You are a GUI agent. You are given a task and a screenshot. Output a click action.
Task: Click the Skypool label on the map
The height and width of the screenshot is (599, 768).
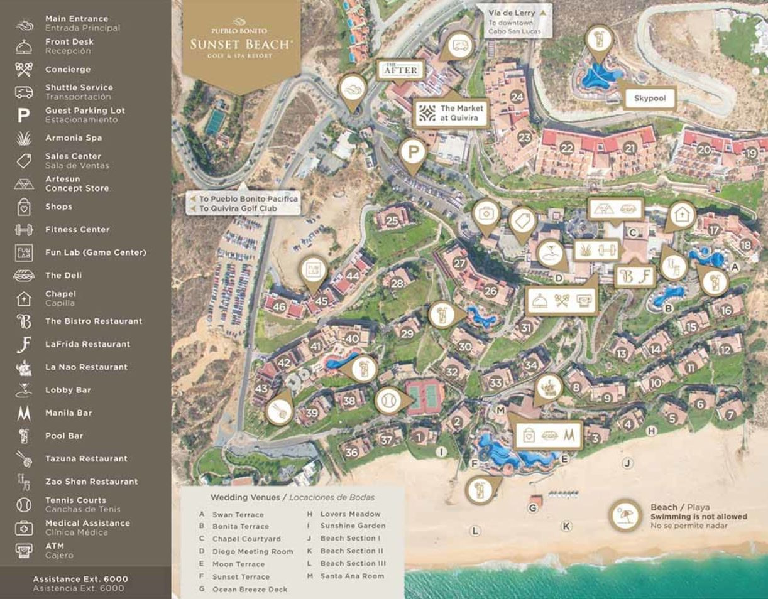click(x=649, y=99)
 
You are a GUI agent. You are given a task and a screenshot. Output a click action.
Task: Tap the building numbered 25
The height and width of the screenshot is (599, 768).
click(x=392, y=220)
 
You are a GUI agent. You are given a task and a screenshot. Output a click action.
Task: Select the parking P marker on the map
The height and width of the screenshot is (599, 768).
click(x=413, y=151)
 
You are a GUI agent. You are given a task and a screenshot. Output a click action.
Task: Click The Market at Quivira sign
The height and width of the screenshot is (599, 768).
click(x=451, y=113)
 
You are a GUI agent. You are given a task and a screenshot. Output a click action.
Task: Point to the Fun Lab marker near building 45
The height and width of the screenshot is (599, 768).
click(x=313, y=271)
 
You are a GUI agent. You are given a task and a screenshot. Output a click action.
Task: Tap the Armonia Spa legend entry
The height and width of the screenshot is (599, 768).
click(x=73, y=138)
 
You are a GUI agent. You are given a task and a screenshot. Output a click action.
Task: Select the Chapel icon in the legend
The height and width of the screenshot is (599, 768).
click(x=23, y=298)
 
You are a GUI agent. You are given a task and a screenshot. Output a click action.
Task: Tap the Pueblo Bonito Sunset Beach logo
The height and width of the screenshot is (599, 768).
click(x=241, y=42)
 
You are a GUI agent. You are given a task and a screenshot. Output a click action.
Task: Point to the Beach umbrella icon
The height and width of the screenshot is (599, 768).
click(x=626, y=515)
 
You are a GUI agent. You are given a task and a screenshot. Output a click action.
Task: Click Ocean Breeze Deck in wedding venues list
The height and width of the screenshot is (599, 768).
click(x=250, y=589)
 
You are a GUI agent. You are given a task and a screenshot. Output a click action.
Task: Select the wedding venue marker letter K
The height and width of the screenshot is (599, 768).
click(x=566, y=526)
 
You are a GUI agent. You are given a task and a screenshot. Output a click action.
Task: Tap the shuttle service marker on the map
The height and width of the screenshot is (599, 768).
click(x=460, y=45)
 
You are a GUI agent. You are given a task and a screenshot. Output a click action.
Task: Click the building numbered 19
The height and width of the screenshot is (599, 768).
click(x=751, y=153)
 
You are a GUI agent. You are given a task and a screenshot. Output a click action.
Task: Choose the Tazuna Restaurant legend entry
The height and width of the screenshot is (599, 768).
click(x=85, y=458)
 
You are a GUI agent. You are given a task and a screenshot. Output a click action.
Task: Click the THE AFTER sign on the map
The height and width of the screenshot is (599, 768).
click(x=400, y=70)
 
